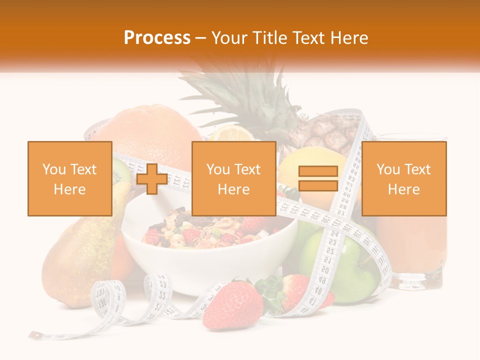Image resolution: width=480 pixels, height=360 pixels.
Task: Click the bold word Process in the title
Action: click(x=157, y=37)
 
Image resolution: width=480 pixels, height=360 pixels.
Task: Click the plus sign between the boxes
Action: click(x=152, y=179)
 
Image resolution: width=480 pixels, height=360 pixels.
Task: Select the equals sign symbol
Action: click(x=318, y=178)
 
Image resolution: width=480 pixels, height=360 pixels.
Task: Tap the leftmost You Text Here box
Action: click(x=69, y=178)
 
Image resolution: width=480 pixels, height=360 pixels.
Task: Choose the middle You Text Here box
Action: click(x=233, y=178)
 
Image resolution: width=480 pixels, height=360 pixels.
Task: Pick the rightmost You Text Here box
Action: click(x=403, y=178)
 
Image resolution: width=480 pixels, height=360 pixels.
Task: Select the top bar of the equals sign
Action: click(x=318, y=171)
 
